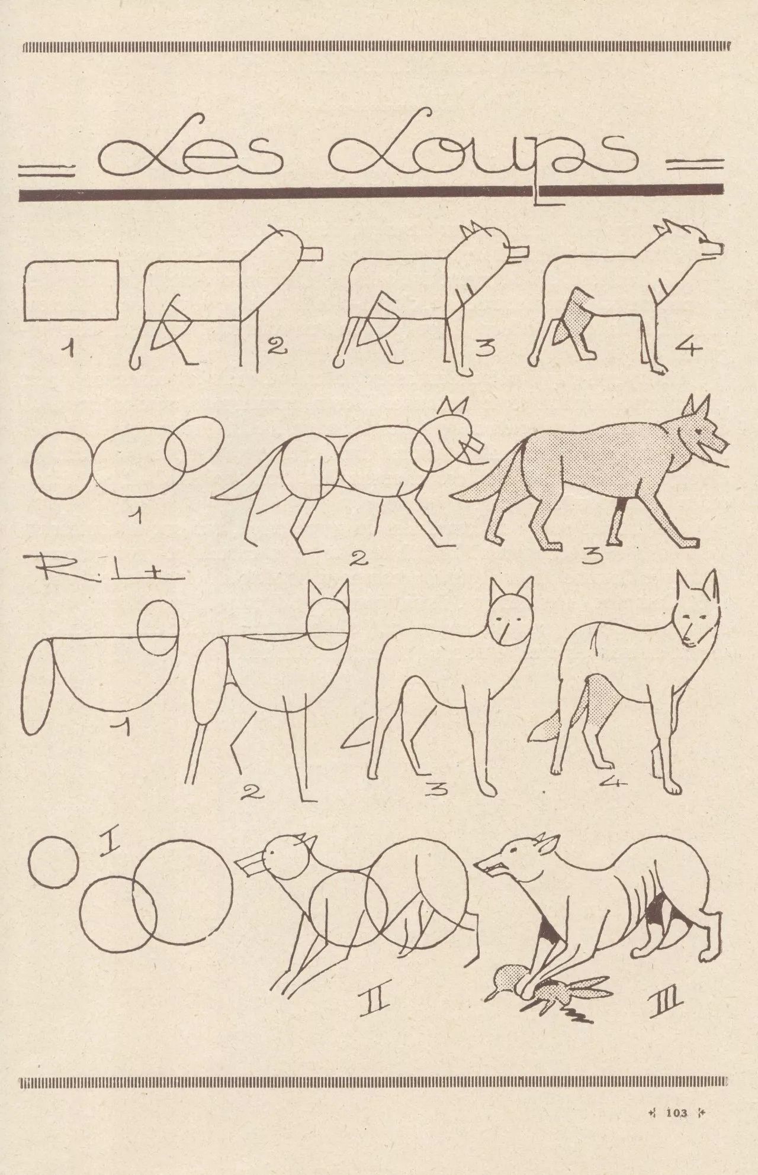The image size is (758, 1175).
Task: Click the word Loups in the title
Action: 483,152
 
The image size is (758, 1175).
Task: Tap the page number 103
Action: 676,1113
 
